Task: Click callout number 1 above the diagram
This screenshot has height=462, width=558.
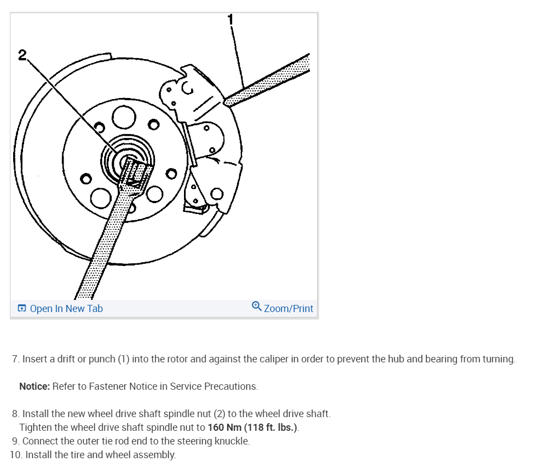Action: coord(231,19)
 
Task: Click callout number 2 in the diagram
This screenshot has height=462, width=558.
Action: coord(22,55)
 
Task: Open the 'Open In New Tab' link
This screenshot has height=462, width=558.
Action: coord(66,309)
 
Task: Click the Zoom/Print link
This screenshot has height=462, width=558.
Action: coord(288,309)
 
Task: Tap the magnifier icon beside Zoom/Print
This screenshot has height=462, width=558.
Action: coord(256,307)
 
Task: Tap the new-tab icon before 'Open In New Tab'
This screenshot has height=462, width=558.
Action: coord(22,309)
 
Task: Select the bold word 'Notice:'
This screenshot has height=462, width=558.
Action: coord(34,386)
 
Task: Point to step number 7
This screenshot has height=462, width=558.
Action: coord(16,360)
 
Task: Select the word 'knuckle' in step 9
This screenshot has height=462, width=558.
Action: coord(232,441)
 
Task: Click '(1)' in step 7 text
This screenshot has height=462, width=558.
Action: coord(124,360)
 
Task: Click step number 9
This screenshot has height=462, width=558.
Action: coord(16,441)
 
